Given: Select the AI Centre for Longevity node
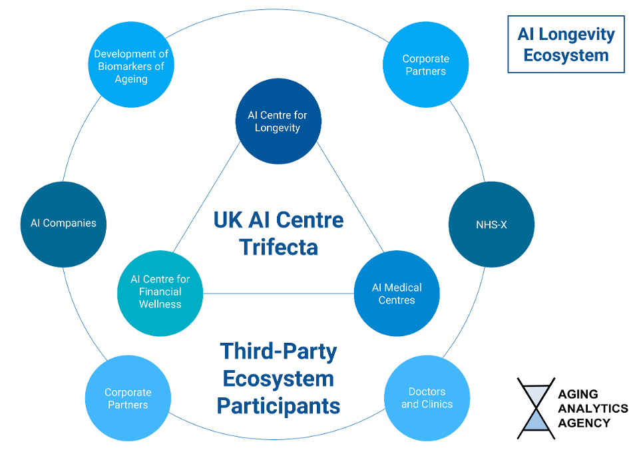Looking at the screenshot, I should click(278, 121).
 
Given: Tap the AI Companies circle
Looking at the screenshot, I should click(63, 224).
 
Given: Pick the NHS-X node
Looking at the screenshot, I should click(491, 224).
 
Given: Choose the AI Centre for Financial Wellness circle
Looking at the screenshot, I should click(160, 292).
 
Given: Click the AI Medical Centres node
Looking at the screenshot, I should click(397, 294).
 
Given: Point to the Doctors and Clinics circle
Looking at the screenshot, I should click(427, 398).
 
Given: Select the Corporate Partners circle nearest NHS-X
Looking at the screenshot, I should click(425, 65).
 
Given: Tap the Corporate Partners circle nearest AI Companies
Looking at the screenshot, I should click(128, 398).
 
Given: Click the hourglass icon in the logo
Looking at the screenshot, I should click(536, 408).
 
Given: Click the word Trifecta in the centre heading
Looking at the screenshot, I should click(279, 248).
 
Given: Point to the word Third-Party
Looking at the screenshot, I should click(278, 351).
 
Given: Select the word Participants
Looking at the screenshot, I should click(278, 405).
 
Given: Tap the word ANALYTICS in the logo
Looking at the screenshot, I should click(592, 408).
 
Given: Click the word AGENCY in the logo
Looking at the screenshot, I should click(584, 423).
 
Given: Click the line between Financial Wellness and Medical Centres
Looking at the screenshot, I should click(278, 294).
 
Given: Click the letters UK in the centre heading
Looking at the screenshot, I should click(228, 220).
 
